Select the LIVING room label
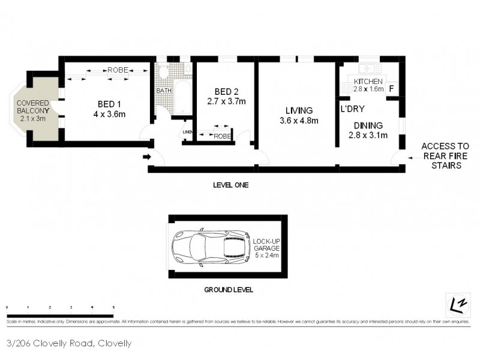coord(299,110)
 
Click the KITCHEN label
coord(368,82)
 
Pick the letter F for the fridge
coord(391,89)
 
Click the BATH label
coord(163,91)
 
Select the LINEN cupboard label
coord(187,132)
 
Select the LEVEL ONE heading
coord(230,185)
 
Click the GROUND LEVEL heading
coord(229,289)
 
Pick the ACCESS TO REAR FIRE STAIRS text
coord(445,155)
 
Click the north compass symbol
coord(457,305)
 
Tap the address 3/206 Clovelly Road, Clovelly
coord(68,344)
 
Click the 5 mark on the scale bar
coord(113,307)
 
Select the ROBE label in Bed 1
coord(117,70)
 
